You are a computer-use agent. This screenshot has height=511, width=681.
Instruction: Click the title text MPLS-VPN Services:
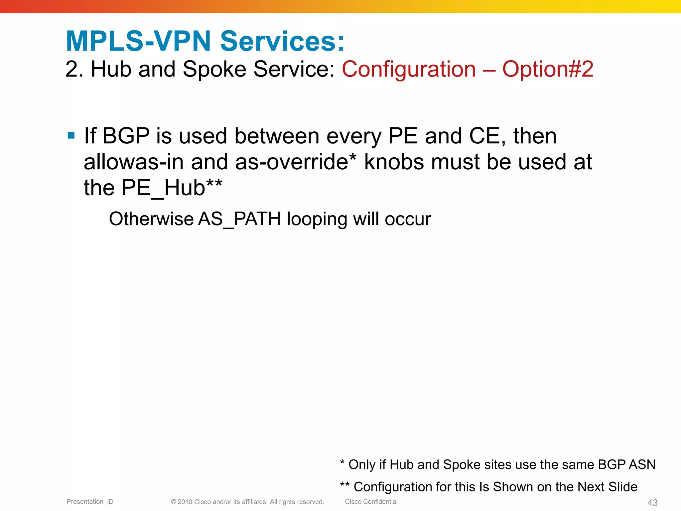tap(205, 41)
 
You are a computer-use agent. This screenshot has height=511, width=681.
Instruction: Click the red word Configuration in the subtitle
tap(409, 69)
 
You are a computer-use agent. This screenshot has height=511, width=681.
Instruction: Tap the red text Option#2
tap(548, 69)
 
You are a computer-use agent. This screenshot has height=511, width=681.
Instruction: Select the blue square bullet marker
tap(71, 135)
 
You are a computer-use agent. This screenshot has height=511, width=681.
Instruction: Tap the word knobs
tap(394, 162)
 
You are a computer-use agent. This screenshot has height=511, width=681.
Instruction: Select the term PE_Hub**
tap(172, 188)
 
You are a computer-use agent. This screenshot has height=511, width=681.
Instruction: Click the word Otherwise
tap(151, 219)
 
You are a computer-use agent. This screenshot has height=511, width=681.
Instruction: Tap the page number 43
tap(652, 503)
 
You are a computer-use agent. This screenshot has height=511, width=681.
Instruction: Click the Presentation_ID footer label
tap(90, 502)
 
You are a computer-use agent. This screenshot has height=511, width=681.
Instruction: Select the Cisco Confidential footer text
tap(371, 502)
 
